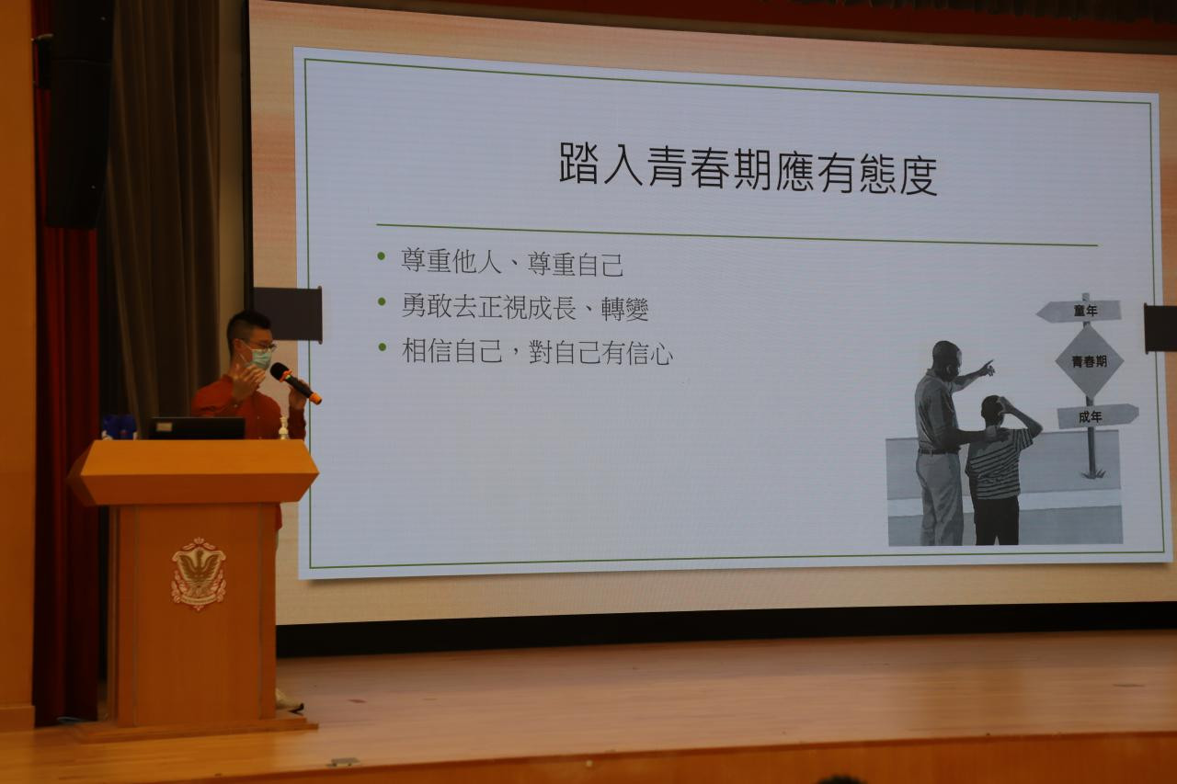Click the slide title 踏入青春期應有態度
(x=748, y=167)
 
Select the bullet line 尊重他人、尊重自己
(x=512, y=262)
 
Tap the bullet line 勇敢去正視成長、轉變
(x=524, y=307)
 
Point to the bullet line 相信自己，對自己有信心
(x=536, y=352)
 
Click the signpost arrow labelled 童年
(x=1079, y=311)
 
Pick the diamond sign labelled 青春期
(x=1090, y=361)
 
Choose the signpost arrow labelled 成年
(x=1097, y=416)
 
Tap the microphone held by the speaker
(x=295, y=383)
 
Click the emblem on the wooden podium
(x=199, y=573)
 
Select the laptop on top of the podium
(x=197, y=428)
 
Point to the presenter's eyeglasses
(x=260, y=346)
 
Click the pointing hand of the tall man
(x=988, y=368)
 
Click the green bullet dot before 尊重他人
(x=382, y=256)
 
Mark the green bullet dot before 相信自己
(x=382, y=347)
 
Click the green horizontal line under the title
(x=737, y=234)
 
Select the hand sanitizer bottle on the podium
(x=284, y=428)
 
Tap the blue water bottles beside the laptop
(x=120, y=426)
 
